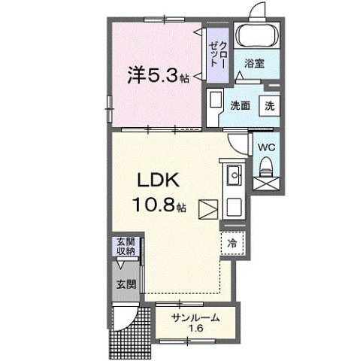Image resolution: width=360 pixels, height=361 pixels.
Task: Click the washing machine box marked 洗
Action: tap(268, 106)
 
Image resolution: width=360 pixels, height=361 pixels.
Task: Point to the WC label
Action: tap(267, 147)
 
